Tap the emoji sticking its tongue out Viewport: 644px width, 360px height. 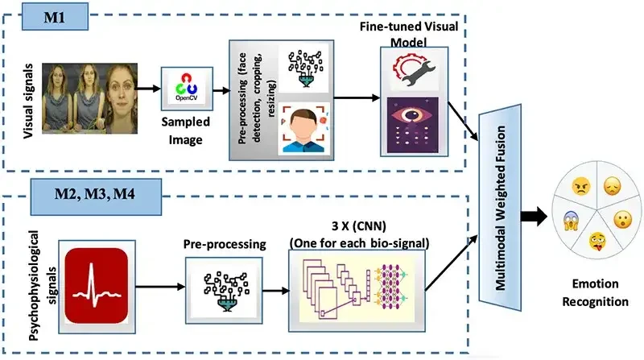coord(597,239)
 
